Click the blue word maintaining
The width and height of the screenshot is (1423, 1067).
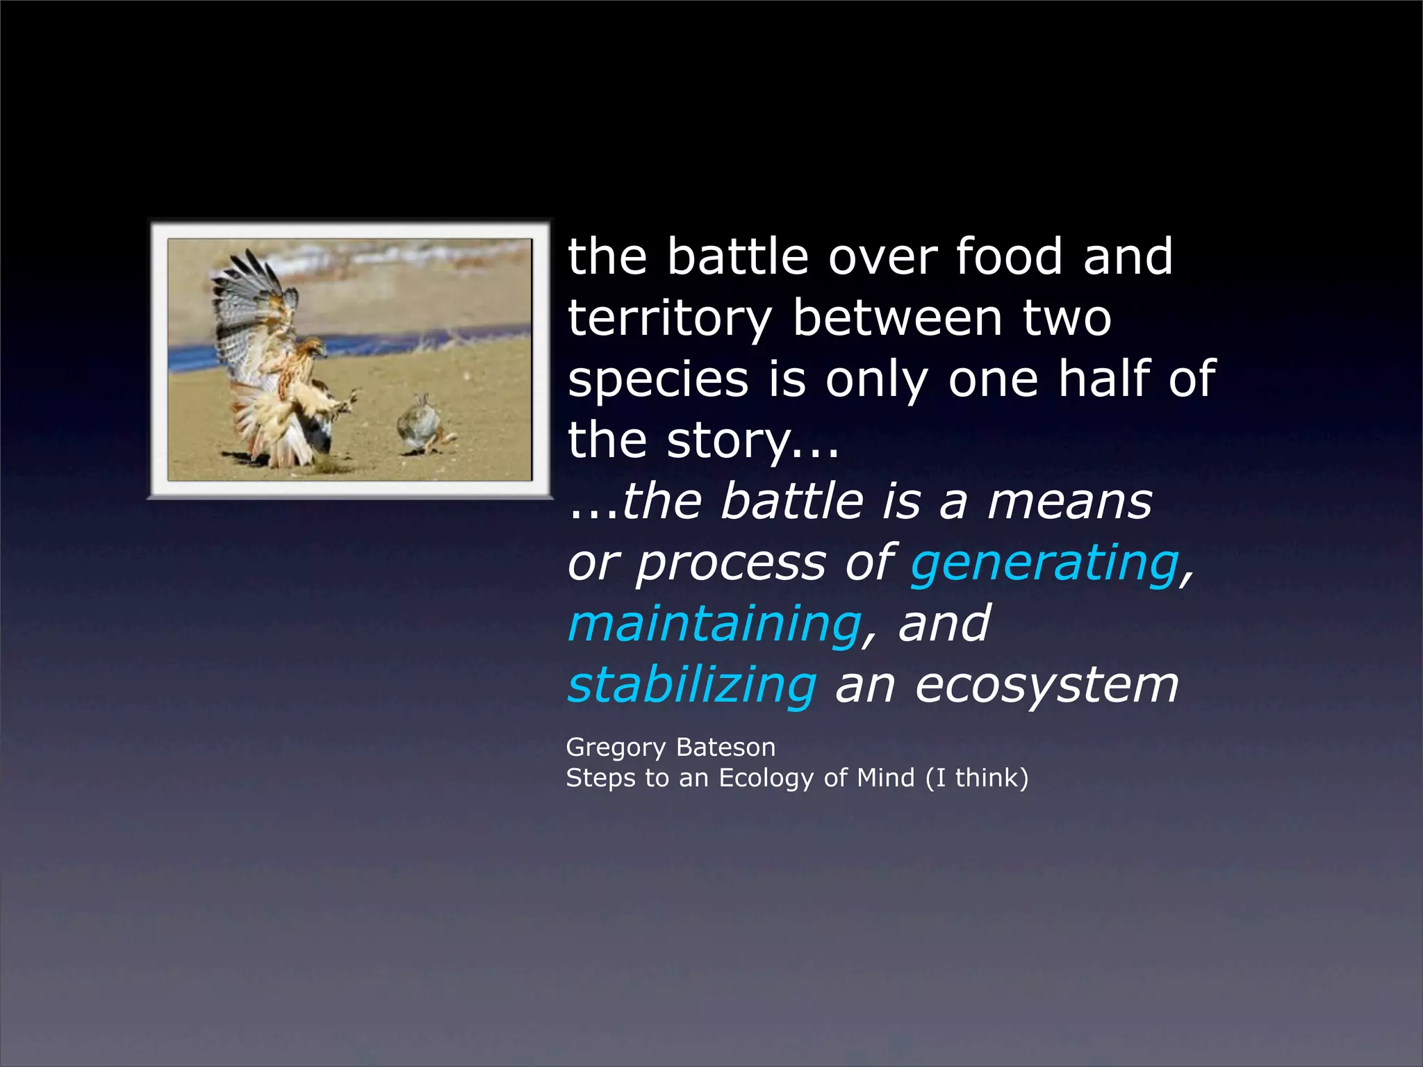coord(714,624)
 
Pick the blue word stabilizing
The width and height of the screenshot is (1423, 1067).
coord(692,685)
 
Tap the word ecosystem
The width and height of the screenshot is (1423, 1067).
coord(1046,685)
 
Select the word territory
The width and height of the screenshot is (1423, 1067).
coord(670,319)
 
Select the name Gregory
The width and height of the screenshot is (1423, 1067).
coord(616,748)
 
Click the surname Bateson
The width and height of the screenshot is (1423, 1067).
coord(725,747)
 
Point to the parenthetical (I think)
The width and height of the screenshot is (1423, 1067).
coord(976,778)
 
